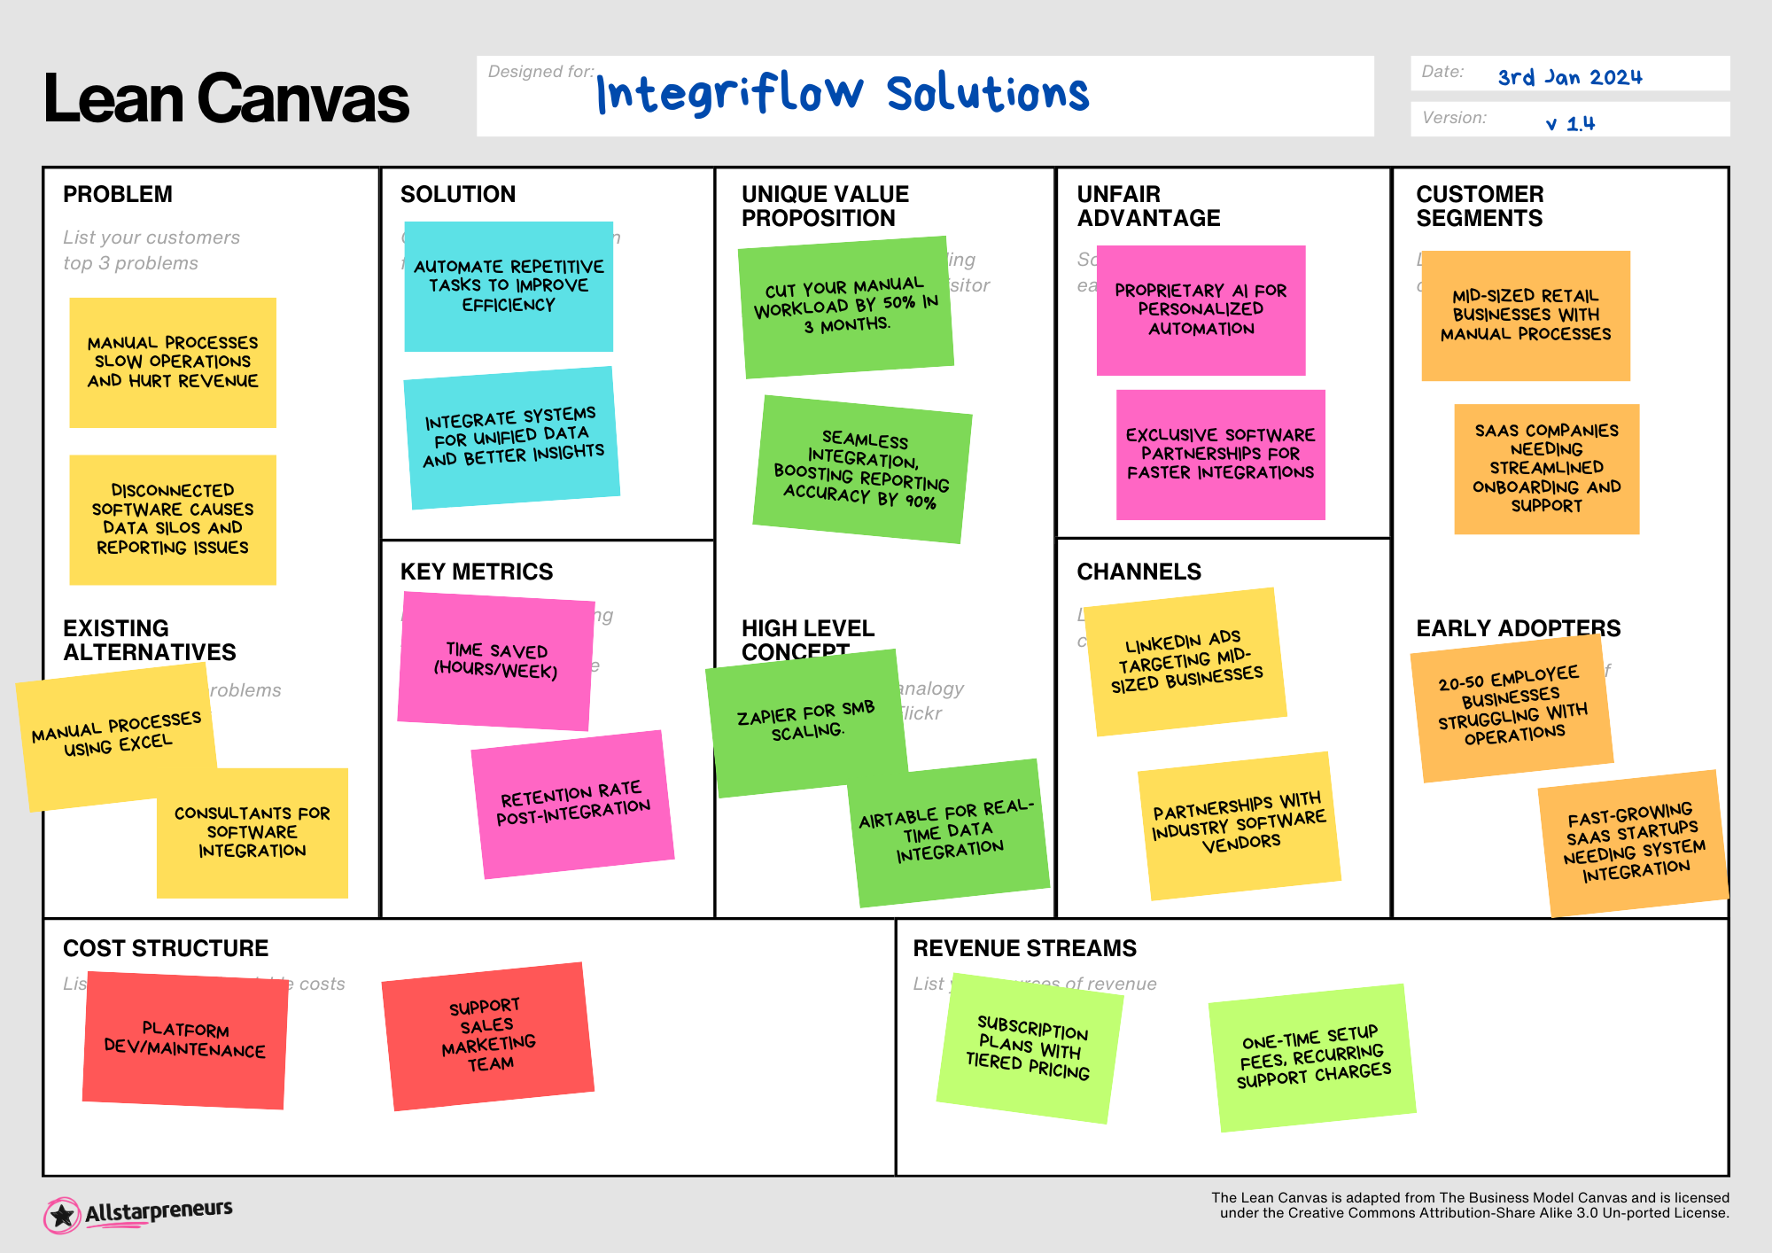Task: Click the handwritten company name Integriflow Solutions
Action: point(842,93)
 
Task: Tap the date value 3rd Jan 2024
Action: point(1569,77)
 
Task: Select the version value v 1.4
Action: point(1570,123)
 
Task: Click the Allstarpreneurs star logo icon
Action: point(62,1215)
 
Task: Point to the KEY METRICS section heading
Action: point(476,572)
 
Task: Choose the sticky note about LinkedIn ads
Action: point(1185,661)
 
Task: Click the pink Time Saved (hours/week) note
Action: point(495,661)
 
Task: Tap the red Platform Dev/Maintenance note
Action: point(184,1039)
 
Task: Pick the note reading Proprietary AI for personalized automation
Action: point(1201,309)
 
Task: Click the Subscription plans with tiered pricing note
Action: point(1029,1047)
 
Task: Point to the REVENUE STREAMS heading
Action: point(1024,948)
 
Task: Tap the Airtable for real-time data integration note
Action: point(949,831)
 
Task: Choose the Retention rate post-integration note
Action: point(572,803)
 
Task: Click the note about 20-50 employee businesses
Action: point(1512,706)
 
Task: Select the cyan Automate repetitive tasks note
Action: point(509,285)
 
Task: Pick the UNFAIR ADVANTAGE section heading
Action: point(1148,206)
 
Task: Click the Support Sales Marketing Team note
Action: point(487,1035)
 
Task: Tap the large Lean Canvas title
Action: point(226,98)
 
